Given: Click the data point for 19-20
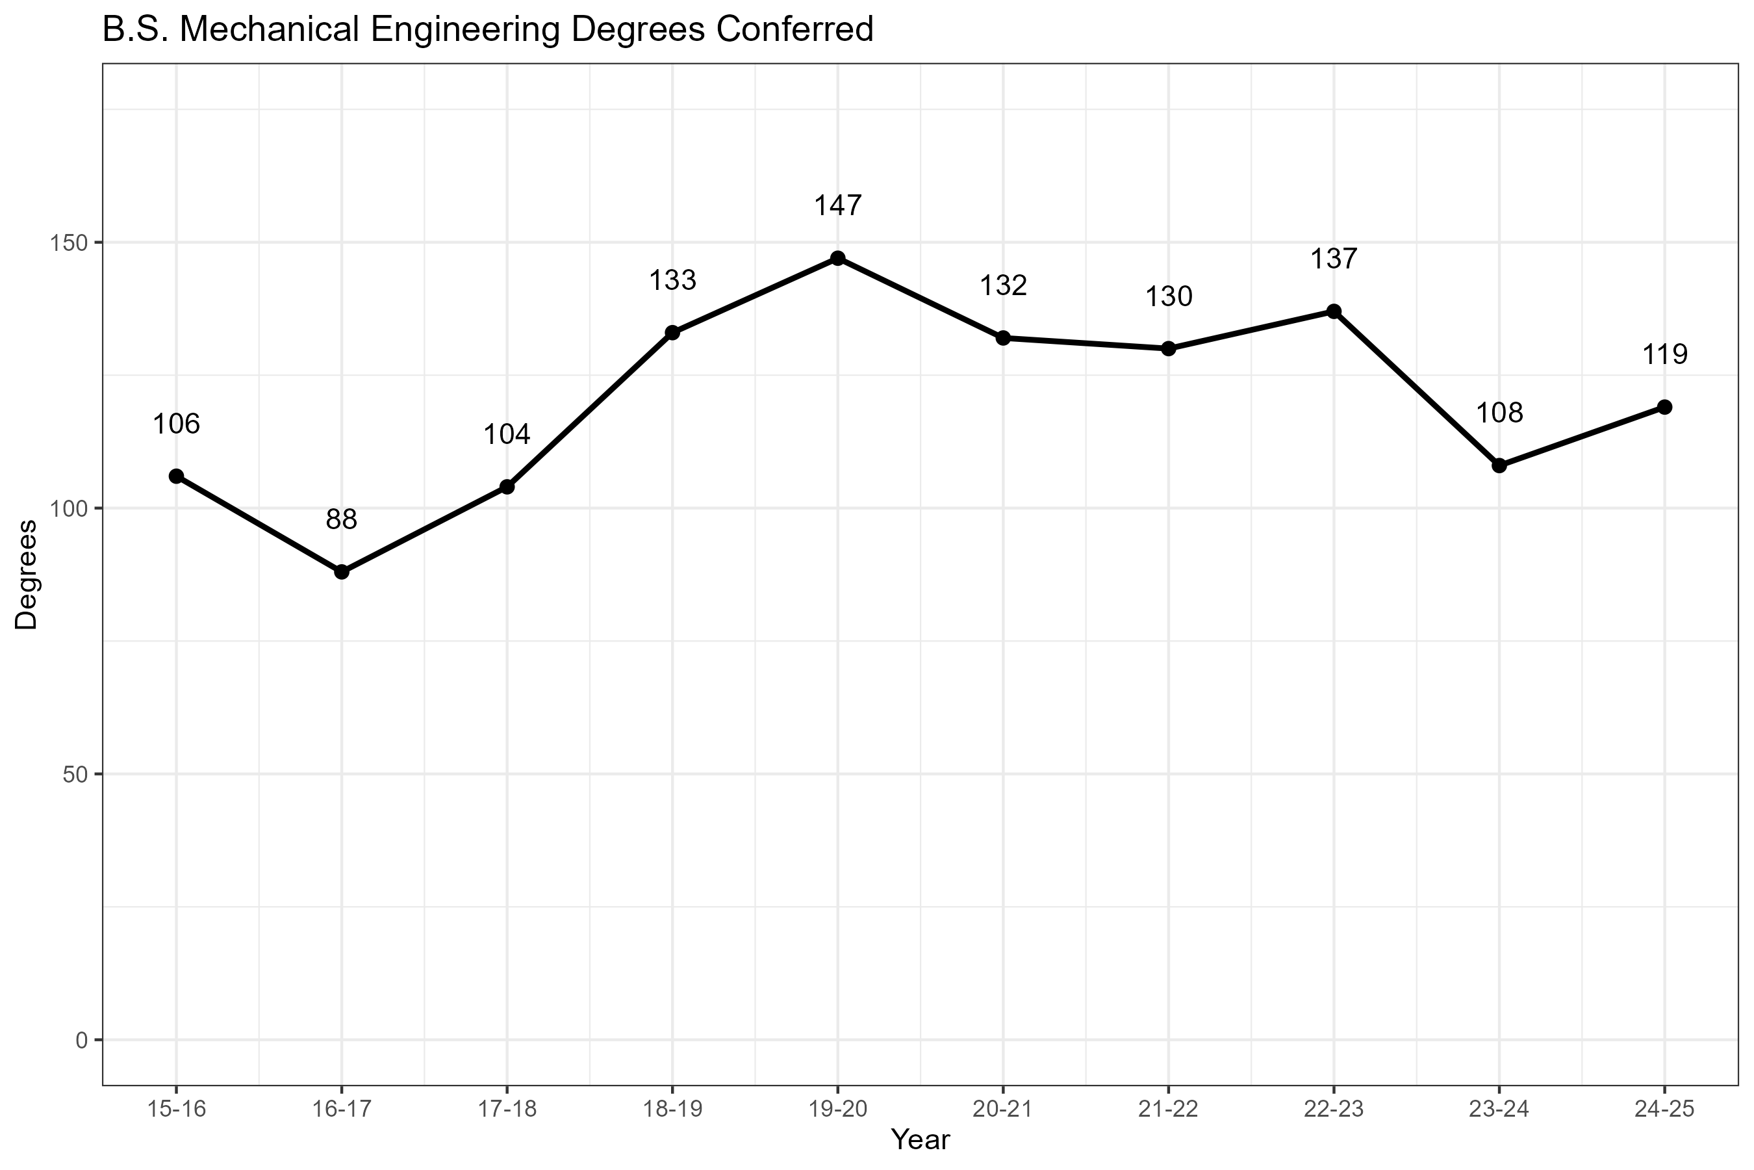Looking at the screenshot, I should [x=837, y=258].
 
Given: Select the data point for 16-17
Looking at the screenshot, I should [x=342, y=571].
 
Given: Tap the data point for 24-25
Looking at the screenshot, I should [x=1664, y=407].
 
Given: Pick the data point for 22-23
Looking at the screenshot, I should [x=1334, y=311].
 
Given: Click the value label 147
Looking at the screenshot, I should [x=837, y=206].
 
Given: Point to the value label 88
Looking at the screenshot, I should [x=342, y=519].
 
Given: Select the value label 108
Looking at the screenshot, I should [x=1499, y=413].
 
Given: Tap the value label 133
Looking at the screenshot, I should [x=672, y=281].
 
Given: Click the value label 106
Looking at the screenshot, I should [x=176, y=424].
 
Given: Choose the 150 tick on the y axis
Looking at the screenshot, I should [x=68, y=242].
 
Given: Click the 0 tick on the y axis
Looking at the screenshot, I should [x=81, y=1039].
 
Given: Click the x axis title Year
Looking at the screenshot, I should [x=921, y=1140].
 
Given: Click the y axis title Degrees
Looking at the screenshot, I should [x=26, y=575].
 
